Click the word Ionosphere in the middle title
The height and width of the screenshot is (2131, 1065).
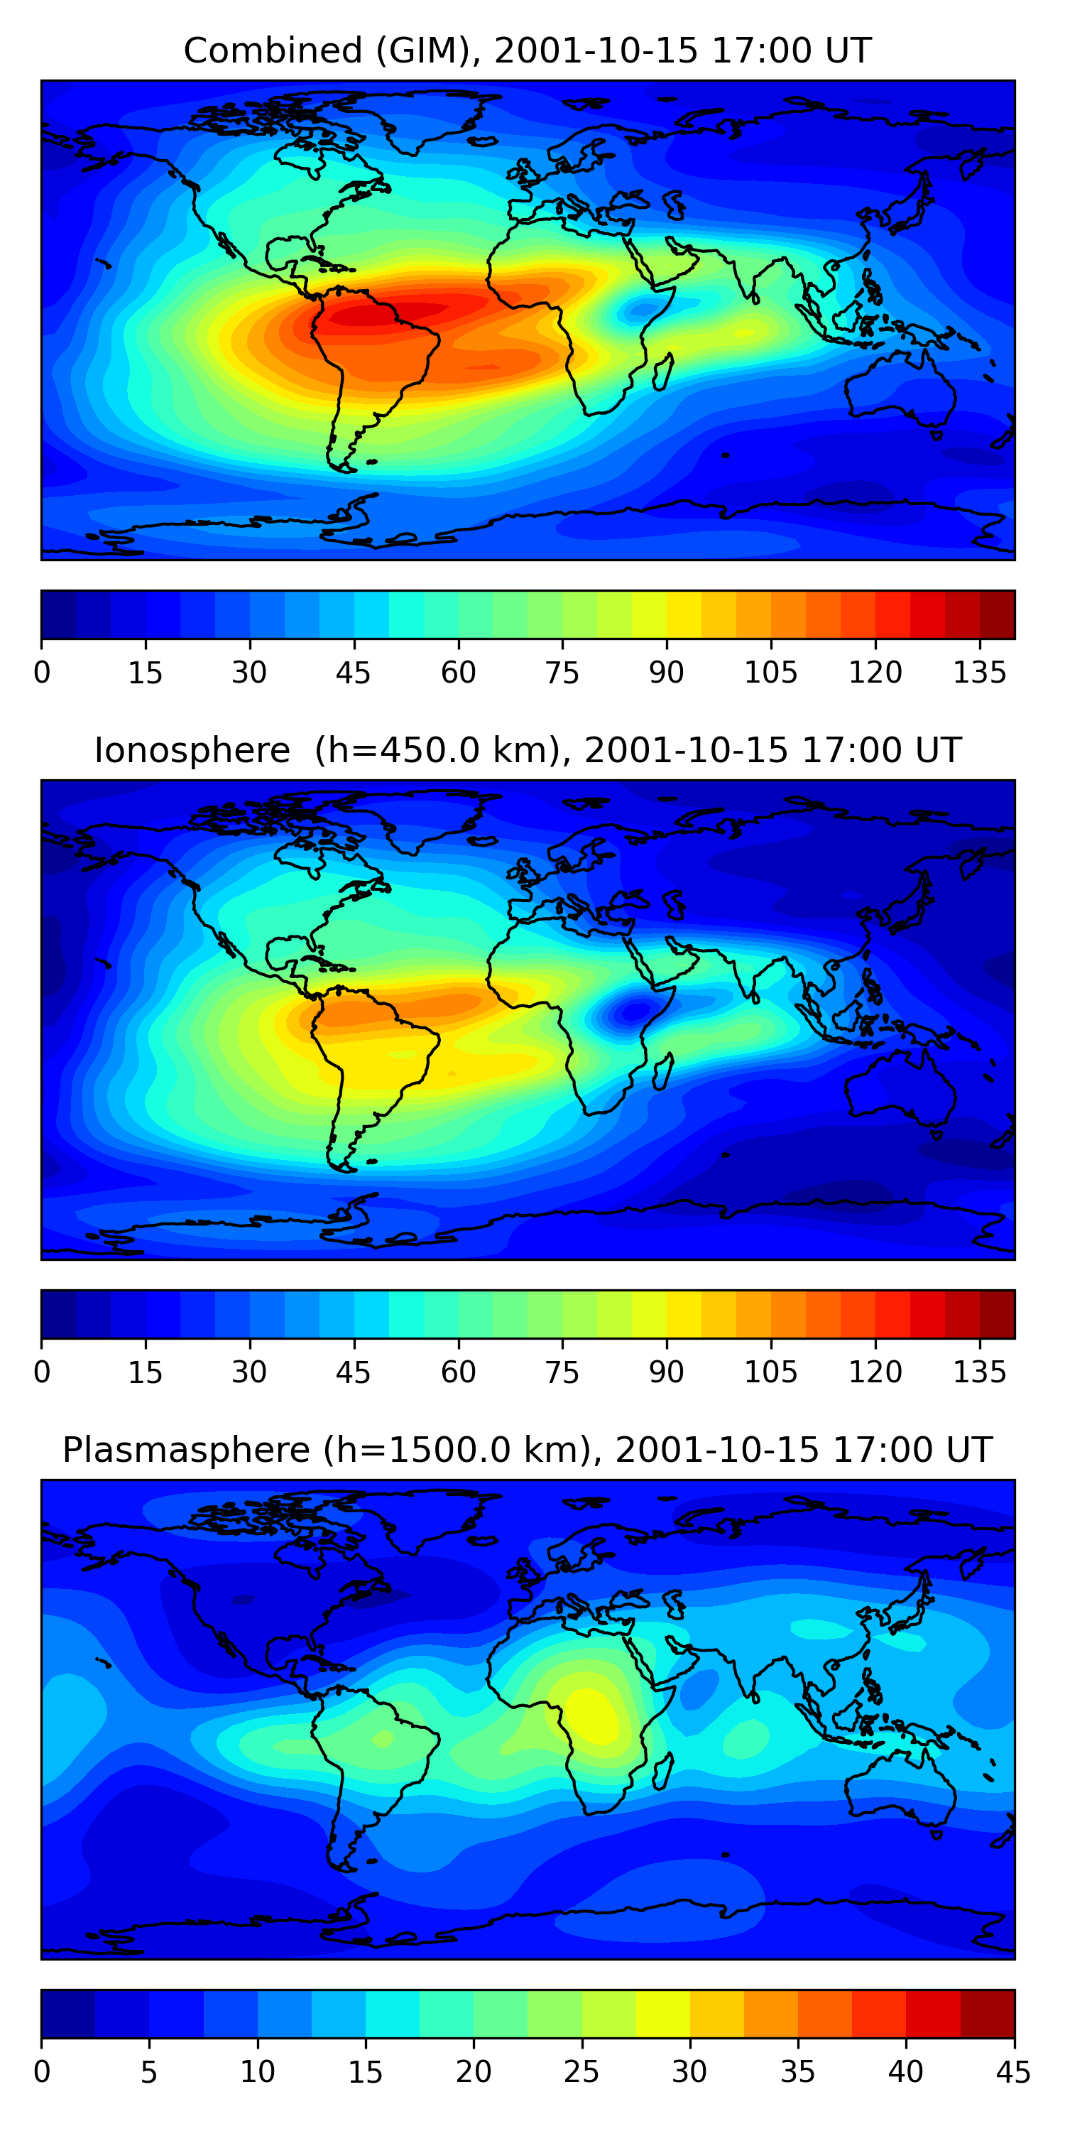pyautogui.click(x=192, y=750)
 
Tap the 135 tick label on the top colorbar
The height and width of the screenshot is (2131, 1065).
pyautogui.click(x=980, y=673)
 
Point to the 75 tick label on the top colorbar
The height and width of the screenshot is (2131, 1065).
pyautogui.click(x=562, y=673)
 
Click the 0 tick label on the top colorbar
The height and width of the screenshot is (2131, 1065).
pyautogui.click(x=42, y=673)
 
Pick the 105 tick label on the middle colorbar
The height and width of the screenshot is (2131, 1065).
pyautogui.click(x=770, y=1372)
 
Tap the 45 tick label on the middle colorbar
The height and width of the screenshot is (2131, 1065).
pyautogui.click(x=354, y=1372)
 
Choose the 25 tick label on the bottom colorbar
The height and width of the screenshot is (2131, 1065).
pyautogui.click(x=581, y=2071)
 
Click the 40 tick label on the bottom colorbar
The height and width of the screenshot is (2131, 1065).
pyautogui.click(x=905, y=2071)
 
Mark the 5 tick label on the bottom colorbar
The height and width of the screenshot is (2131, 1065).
pyautogui.click(x=149, y=2071)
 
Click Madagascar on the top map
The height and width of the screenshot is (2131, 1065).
pyautogui.click(x=663, y=372)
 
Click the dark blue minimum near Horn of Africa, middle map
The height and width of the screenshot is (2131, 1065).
pyautogui.click(x=635, y=1010)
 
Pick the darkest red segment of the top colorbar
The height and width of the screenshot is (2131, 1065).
pyautogui.click(x=998, y=614)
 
